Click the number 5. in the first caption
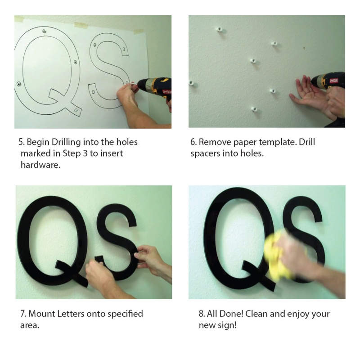click(x=22, y=142)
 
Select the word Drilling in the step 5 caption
click(x=63, y=143)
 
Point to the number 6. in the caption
click(x=193, y=142)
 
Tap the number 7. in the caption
click(x=22, y=313)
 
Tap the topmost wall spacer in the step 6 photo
click(x=219, y=29)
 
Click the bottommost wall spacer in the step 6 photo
click(x=254, y=108)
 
